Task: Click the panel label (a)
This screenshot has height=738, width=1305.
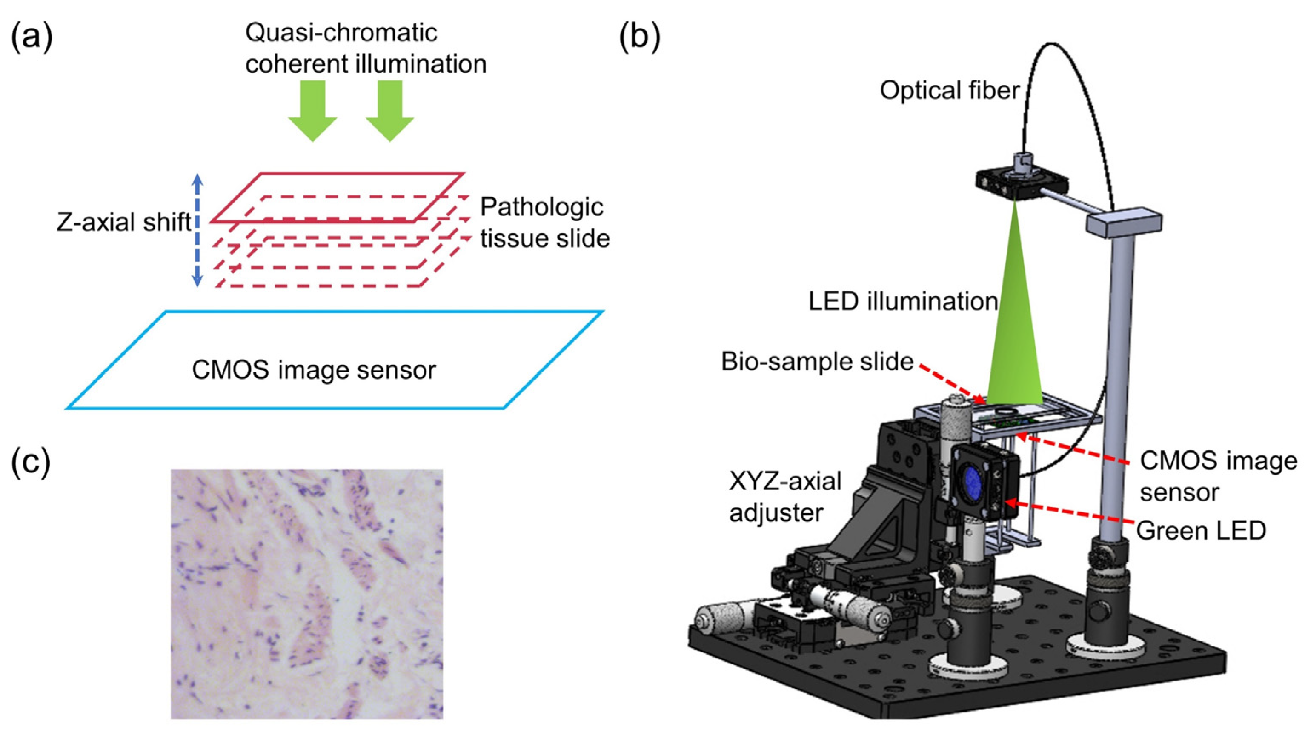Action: coord(31,37)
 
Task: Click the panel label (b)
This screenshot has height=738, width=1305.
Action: coord(640,37)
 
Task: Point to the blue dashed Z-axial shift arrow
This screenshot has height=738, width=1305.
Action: coord(198,231)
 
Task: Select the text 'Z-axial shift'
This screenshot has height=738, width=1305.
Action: coord(124,222)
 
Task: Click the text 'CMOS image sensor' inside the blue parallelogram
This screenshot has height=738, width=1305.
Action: coord(314,370)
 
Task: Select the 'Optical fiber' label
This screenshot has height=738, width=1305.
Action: coord(949,91)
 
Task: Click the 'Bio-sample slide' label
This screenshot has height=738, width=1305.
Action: coord(817,362)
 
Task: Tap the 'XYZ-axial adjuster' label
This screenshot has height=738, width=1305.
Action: coord(785,497)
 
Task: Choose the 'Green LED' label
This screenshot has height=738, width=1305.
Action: coord(1201,531)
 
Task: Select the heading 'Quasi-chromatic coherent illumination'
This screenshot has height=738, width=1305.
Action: coord(365,49)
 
